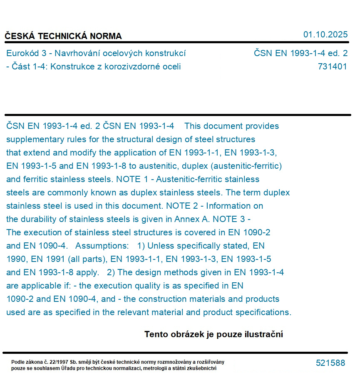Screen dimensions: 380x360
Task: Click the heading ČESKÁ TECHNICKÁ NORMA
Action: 63,36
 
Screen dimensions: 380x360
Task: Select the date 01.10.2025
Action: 325,35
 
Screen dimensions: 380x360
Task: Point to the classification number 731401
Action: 332,67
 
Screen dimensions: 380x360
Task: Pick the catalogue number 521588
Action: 330,363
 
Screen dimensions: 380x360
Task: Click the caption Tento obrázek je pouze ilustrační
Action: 214,334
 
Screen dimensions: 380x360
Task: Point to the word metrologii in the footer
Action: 155,368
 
